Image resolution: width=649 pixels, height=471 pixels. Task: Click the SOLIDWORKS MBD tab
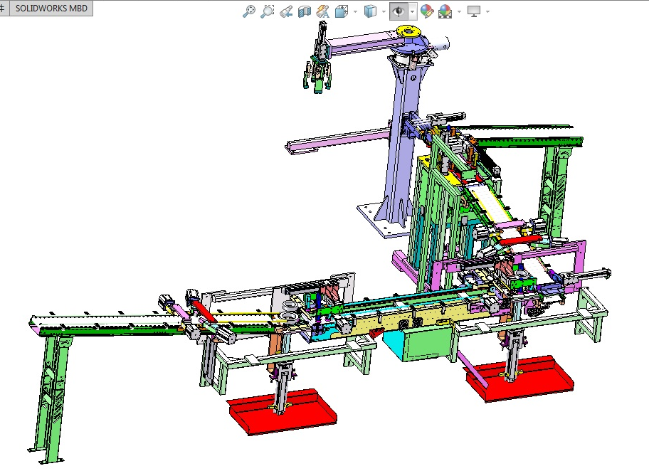pyautogui.click(x=51, y=9)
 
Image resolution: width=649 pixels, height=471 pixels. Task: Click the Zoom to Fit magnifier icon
pyautogui.click(x=248, y=11)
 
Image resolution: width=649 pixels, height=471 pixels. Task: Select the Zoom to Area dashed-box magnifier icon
pyautogui.click(x=267, y=11)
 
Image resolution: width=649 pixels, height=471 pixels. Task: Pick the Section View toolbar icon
pyautogui.click(x=305, y=11)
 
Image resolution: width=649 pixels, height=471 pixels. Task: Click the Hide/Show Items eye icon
pyautogui.click(x=399, y=11)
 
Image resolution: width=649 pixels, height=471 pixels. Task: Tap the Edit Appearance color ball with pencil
pyautogui.click(x=426, y=11)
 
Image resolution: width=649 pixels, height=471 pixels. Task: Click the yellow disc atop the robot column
pyautogui.click(x=409, y=31)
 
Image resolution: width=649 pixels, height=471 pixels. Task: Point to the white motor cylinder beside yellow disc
pyautogui.click(x=440, y=44)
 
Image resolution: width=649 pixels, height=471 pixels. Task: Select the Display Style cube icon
pyautogui.click(x=369, y=11)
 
